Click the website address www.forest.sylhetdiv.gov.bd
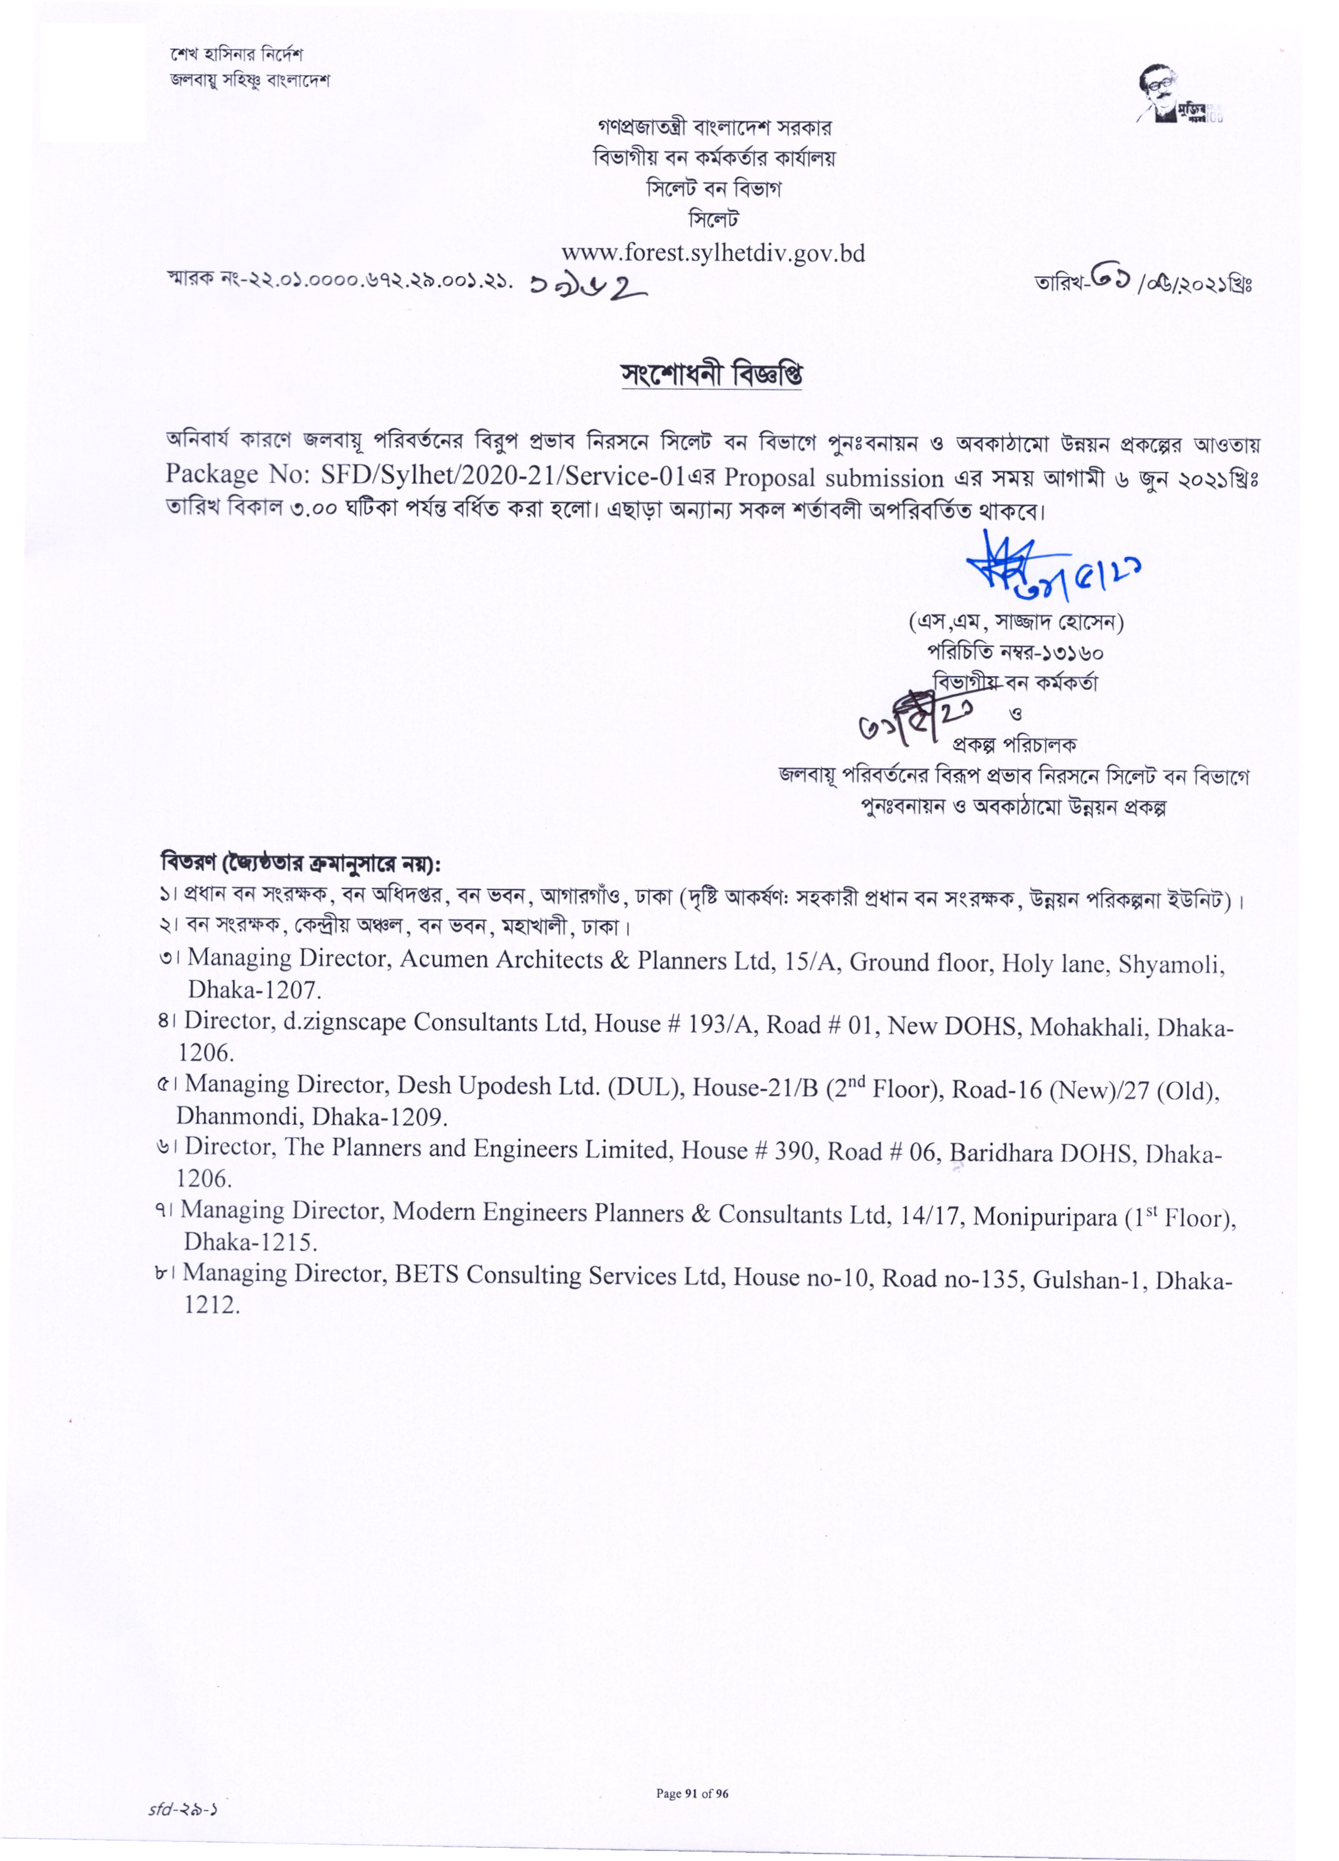pos(712,253)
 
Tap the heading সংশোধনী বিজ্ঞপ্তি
pos(711,375)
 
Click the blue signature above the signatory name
pos(1050,568)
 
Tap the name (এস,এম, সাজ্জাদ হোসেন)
pos(1015,622)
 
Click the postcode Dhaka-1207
pos(254,990)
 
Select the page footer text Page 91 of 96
pos(692,1771)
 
